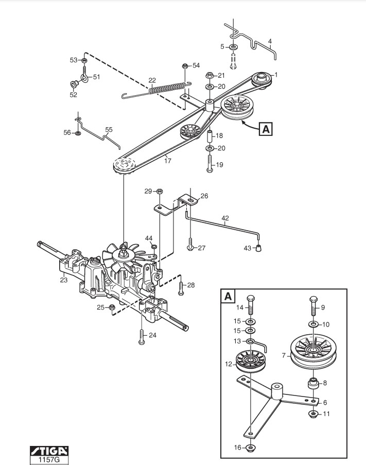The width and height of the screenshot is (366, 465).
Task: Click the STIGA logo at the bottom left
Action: pos(49,451)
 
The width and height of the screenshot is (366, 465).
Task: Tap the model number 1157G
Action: pos(49,460)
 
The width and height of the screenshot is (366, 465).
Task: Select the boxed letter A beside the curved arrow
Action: pos(266,129)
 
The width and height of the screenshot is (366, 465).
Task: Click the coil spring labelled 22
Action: pos(156,90)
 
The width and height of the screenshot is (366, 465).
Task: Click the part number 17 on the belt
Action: pos(168,161)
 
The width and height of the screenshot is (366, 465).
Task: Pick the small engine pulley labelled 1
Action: pos(261,79)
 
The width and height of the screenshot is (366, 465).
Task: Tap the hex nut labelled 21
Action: pos(210,75)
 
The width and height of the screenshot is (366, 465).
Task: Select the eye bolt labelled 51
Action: pos(85,75)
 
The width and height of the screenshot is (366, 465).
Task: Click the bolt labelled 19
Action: pos(210,163)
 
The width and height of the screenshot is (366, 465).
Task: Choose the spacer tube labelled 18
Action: pos(210,135)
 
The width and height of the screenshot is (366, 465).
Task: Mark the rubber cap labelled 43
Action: pos(258,248)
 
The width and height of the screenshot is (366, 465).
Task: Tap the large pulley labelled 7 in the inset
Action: pos(313,352)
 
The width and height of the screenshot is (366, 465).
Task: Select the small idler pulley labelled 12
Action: pos(251,360)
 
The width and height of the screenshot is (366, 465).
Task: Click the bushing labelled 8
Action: pos(313,384)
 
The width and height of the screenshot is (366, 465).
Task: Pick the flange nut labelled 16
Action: pos(251,447)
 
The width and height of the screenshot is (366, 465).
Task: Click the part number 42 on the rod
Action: pos(225,218)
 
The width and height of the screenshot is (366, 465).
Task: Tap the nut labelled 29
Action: pos(160,191)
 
